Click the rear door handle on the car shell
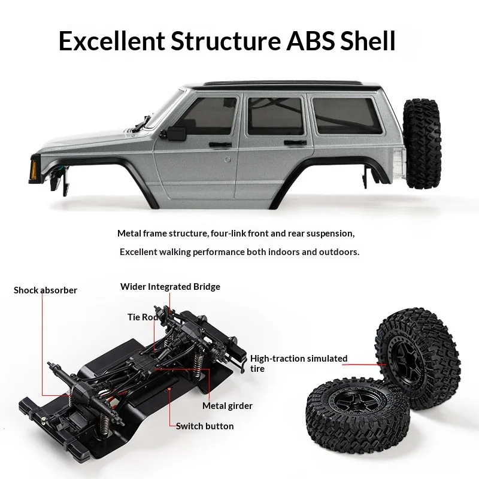[x=295, y=143]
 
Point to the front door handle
[x=220, y=144]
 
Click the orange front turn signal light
[x=34, y=169]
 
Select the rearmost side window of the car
[x=347, y=115]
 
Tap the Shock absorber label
[x=46, y=290]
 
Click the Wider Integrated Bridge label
[x=170, y=287]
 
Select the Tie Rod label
[x=143, y=317]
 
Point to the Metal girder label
[x=228, y=406]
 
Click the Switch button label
[x=205, y=426]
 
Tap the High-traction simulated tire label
[x=299, y=363]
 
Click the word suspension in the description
[x=330, y=234]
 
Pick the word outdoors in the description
[x=339, y=252]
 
